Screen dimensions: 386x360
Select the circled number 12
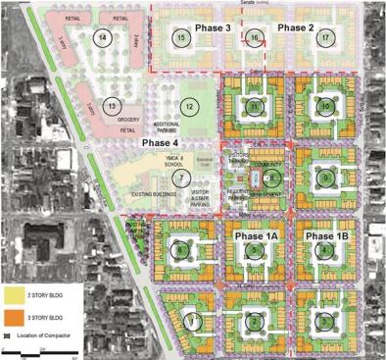pos(189,106)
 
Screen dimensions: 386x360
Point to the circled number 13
pos(112,105)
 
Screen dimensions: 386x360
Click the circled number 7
pos(180,178)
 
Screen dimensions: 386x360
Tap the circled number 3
pos(324,320)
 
